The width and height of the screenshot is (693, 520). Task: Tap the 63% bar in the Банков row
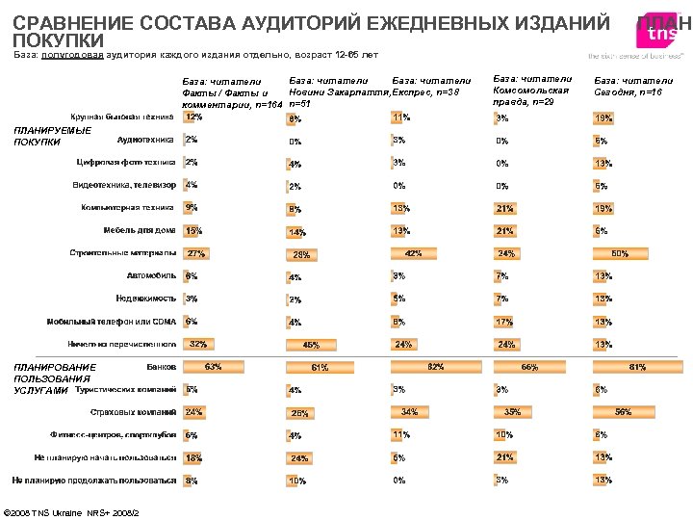[213, 366]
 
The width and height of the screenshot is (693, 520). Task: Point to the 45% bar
[310, 345]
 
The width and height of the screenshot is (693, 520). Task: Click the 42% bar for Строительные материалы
[413, 254]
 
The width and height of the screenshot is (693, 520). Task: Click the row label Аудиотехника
[146, 139]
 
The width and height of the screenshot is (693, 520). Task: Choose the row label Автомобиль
[145, 275]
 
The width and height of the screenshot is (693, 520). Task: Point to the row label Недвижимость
[145, 299]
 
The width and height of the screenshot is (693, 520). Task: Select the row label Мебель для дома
[140, 230]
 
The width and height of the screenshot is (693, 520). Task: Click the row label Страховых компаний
[132, 412]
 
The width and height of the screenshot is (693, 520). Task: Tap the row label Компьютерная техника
[127, 207]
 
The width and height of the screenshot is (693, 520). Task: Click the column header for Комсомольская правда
[531, 91]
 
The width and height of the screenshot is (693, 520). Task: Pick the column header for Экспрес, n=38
[432, 87]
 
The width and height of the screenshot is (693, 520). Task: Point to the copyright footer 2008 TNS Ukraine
[73, 511]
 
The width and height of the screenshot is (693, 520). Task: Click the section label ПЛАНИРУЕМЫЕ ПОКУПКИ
[52, 137]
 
